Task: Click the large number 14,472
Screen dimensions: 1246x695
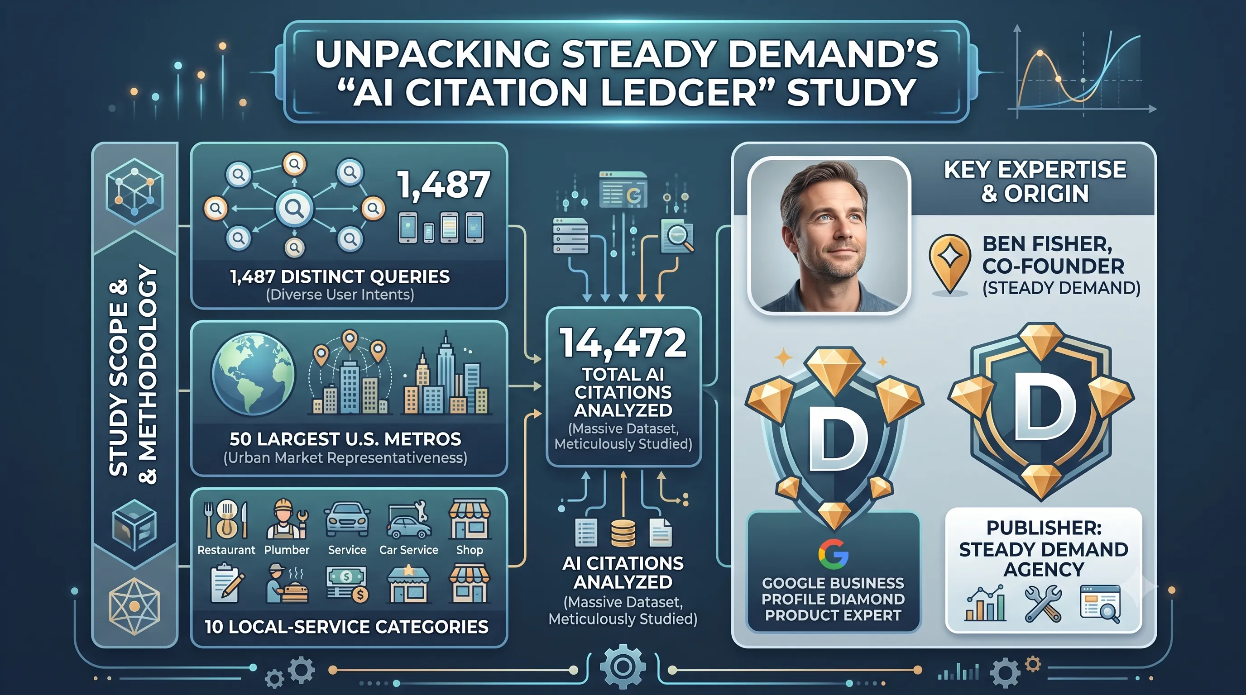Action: click(623, 343)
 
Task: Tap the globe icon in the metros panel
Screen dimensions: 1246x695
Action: click(254, 374)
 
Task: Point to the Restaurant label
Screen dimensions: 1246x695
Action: click(226, 550)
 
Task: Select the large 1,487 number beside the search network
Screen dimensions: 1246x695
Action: click(443, 185)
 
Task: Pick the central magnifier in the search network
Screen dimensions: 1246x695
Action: click(294, 209)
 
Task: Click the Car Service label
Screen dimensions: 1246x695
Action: click(409, 550)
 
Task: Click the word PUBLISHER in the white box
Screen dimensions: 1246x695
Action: click(1044, 528)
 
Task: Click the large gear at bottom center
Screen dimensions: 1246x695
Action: click(623, 667)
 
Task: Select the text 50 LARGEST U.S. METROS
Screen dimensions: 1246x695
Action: click(345, 439)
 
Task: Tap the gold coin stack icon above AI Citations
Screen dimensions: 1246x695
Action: click(623, 533)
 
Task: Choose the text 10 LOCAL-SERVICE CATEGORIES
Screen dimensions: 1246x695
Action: click(346, 627)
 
